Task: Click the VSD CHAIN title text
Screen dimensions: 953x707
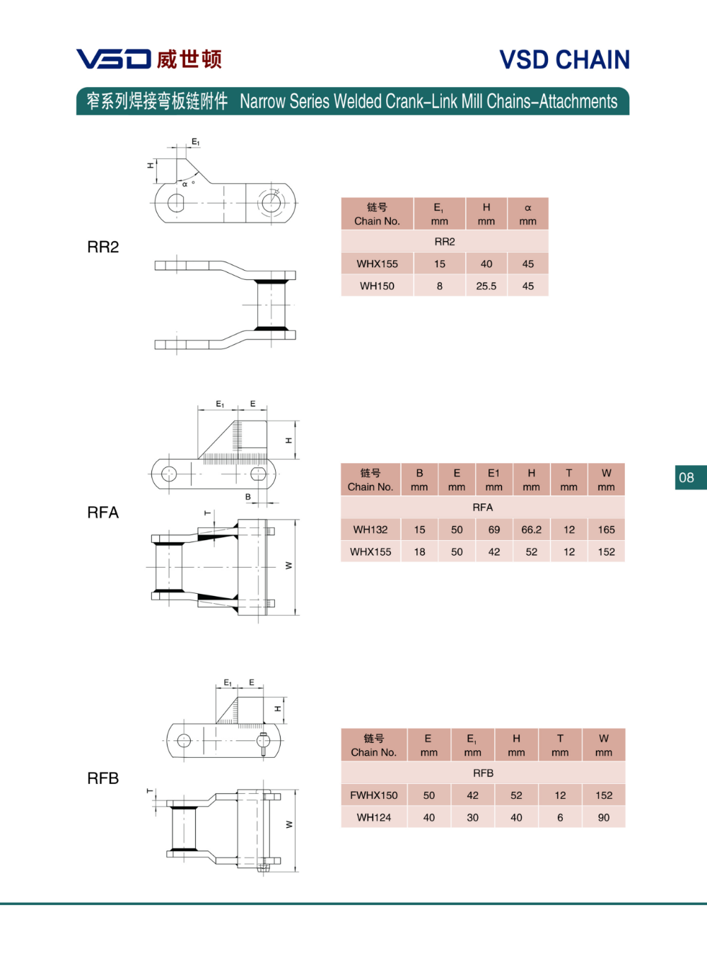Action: click(x=564, y=60)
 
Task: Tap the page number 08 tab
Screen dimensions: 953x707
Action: click(x=686, y=477)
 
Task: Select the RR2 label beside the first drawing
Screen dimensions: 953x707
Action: click(x=103, y=247)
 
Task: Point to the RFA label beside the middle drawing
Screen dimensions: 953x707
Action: click(x=103, y=513)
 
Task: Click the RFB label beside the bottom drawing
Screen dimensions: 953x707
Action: click(x=103, y=778)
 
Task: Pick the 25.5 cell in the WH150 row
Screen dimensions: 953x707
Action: click(x=486, y=286)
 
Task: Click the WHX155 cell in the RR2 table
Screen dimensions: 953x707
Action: click(x=377, y=264)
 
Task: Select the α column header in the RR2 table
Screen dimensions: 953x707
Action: click(x=528, y=214)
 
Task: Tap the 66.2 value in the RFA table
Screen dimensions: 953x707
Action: click(x=532, y=530)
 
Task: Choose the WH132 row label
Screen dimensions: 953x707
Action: click(x=370, y=530)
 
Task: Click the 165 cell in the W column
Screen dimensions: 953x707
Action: click(x=607, y=530)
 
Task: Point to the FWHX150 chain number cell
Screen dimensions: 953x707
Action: click(x=374, y=795)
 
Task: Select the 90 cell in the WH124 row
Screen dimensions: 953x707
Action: click(x=604, y=817)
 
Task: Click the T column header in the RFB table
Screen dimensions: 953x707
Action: click(x=560, y=745)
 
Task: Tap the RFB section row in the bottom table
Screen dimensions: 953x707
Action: click(x=483, y=773)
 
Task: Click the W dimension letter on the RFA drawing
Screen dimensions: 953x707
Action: click(x=288, y=566)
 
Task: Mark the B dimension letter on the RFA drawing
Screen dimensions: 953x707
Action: click(x=248, y=497)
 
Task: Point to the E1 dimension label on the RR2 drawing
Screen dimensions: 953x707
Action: click(x=196, y=142)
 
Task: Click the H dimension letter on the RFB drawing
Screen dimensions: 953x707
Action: click(x=278, y=708)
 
